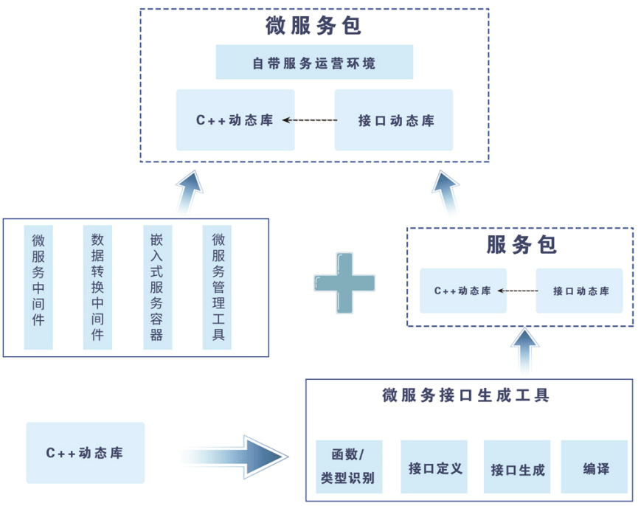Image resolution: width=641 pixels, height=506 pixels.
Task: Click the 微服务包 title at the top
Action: pos(313,27)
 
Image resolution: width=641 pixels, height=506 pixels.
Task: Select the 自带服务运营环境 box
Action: pos(314,63)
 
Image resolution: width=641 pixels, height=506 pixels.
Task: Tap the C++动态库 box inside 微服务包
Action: pos(235,120)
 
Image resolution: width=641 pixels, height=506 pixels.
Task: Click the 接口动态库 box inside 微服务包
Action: pos(394,120)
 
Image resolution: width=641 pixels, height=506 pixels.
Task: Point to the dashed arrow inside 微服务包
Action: pos(310,120)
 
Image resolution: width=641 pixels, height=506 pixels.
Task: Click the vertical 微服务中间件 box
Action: pos(38,287)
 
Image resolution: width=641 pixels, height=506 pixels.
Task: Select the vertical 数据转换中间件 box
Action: pos(97,287)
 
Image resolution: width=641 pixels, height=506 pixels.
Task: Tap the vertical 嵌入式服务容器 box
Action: pos(156,287)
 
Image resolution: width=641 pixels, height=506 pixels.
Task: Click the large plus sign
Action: pos(344,283)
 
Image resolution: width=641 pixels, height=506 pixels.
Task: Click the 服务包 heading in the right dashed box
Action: pos(521,245)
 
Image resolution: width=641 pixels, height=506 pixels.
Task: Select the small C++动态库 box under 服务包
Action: pos(462,291)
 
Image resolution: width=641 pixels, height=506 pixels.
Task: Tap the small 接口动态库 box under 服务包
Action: pos(580,291)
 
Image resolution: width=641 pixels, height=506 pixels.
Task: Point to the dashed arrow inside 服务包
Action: pos(516,291)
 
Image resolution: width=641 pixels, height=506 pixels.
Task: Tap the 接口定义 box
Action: pos(435,466)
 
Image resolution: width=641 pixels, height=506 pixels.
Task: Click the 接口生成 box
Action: pos(516,467)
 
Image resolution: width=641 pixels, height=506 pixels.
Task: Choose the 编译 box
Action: pos(595,467)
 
